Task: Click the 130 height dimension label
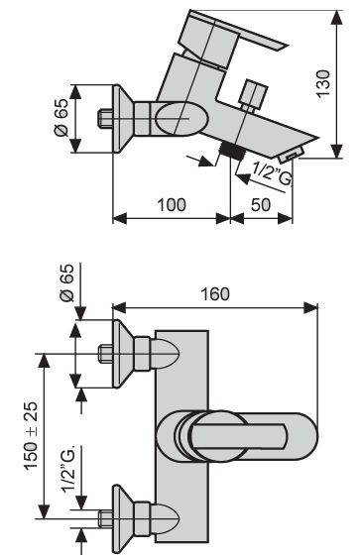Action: [x=323, y=84]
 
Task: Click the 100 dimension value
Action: [x=172, y=205]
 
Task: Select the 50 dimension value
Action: [x=261, y=205]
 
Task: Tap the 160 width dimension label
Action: [x=215, y=294]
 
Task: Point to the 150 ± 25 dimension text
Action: [x=31, y=436]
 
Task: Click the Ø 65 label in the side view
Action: [x=60, y=117]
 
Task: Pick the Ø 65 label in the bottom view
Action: [x=67, y=282]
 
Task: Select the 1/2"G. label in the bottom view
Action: [x=68, y=469]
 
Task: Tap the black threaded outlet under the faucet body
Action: [x=232, y=151]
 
